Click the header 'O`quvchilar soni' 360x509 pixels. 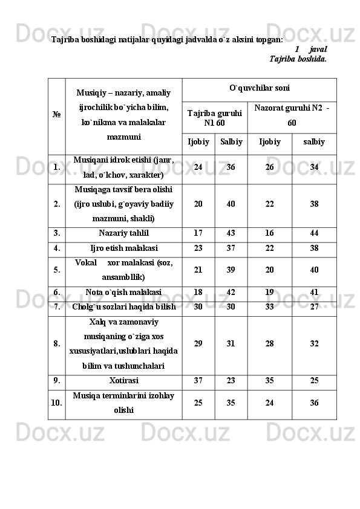(259, 88)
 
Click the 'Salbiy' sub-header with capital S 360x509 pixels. (231, 142)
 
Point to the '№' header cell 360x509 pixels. (56, 114)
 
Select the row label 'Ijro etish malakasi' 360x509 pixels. (124, 248)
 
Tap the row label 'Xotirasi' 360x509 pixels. (123, 381)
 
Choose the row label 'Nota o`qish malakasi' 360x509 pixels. (123, 292)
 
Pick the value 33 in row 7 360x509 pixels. (269, 307)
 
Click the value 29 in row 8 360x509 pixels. (198, 343)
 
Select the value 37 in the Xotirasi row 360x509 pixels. (198, 381)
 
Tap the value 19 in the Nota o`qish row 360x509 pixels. (269, 292)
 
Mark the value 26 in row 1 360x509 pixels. (269, 167)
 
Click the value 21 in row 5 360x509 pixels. (198, 270)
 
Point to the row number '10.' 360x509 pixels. (56, 403)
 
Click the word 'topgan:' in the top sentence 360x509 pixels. (269, 39)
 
